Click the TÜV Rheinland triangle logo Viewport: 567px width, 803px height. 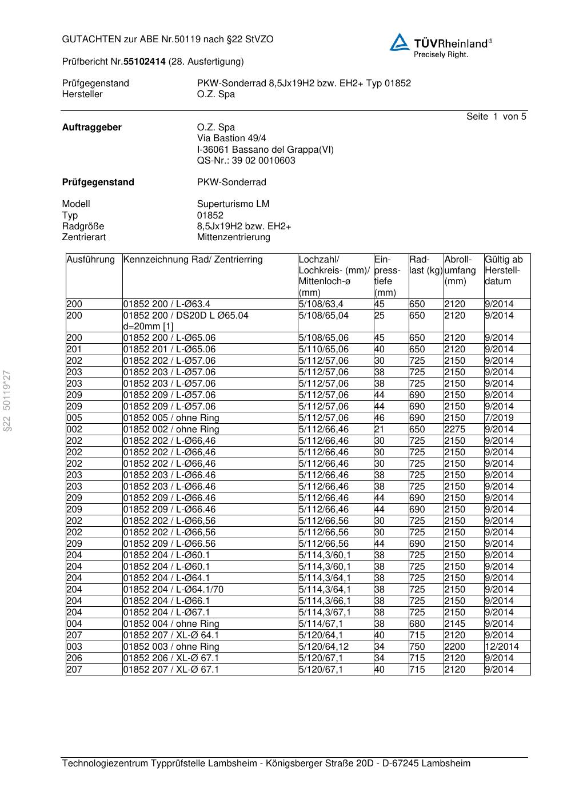pos(400,42)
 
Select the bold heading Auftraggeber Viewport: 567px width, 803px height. pos(91,128)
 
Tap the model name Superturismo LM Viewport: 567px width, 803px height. pos(233,204)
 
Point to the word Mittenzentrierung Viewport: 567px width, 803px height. pos(234,237)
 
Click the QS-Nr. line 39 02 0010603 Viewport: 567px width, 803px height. pos(246,161)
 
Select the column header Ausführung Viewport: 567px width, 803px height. pos(91,260)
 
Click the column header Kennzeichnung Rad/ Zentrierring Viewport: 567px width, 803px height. pos(193,260)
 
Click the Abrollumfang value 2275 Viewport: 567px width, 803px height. pos(455,430)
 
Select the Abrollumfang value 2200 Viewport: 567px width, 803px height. pos(455,647)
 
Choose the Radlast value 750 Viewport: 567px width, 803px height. pos(417,647)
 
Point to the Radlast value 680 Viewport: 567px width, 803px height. pos(417,624)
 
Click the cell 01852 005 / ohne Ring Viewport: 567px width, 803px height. pos(171,418)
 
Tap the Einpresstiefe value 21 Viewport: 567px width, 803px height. pos(380,430)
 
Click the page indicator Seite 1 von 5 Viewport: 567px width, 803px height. pos(496,117)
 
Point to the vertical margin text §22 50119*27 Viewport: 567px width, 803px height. pos(7,401)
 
